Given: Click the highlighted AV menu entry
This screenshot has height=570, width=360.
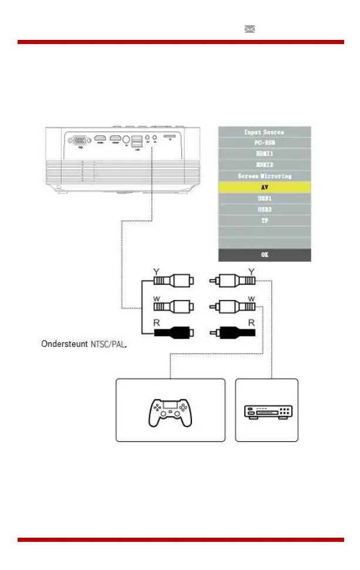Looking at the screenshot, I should tap(264, 187).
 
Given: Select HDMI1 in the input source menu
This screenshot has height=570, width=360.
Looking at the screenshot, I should tap(264, 154).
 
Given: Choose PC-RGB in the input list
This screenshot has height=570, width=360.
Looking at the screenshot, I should tap(264, 143).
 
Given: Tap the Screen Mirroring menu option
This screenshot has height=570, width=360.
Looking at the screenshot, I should tap(264, 176).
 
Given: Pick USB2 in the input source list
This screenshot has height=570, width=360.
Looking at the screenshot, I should tap(264, 210).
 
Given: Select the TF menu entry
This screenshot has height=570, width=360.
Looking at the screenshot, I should tap(264, 221).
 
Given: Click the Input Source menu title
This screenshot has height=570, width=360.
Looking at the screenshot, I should tap(264, 132).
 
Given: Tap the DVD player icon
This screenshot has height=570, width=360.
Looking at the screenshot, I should tap(267, 410).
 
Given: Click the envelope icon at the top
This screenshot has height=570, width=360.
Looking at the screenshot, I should tap(250, 29).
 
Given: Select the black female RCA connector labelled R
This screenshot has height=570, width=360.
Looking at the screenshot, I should tap(173, 332).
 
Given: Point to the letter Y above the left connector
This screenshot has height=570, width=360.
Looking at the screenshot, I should tap(155, 271).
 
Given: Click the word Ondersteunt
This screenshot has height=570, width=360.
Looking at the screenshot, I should tap(64, 343).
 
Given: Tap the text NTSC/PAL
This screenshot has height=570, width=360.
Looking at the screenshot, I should tap(109, 343).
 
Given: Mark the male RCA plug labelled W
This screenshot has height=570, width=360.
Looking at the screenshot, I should tap(234, 306).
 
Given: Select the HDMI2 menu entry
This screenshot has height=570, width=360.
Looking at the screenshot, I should tap(264, 165).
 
